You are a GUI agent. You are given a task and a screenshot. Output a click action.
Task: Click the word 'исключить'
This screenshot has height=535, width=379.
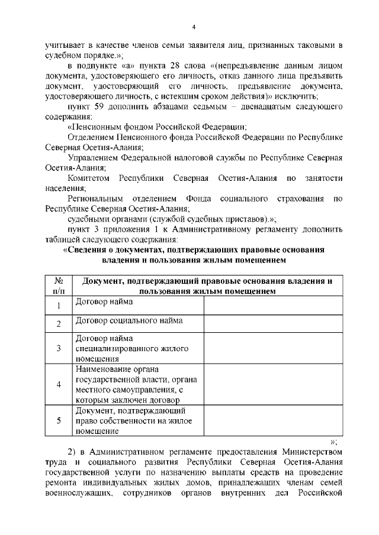point(301,96)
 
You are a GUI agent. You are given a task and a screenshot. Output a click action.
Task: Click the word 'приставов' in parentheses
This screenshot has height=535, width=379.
point(240,219)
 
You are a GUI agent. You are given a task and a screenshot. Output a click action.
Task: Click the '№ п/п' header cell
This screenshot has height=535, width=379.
point(59,286)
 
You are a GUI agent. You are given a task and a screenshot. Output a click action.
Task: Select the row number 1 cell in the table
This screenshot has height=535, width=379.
point(59,306)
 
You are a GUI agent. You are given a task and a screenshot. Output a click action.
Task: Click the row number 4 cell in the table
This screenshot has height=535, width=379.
point(59,384)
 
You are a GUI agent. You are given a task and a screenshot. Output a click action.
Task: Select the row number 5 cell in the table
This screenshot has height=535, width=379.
point(59,420)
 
